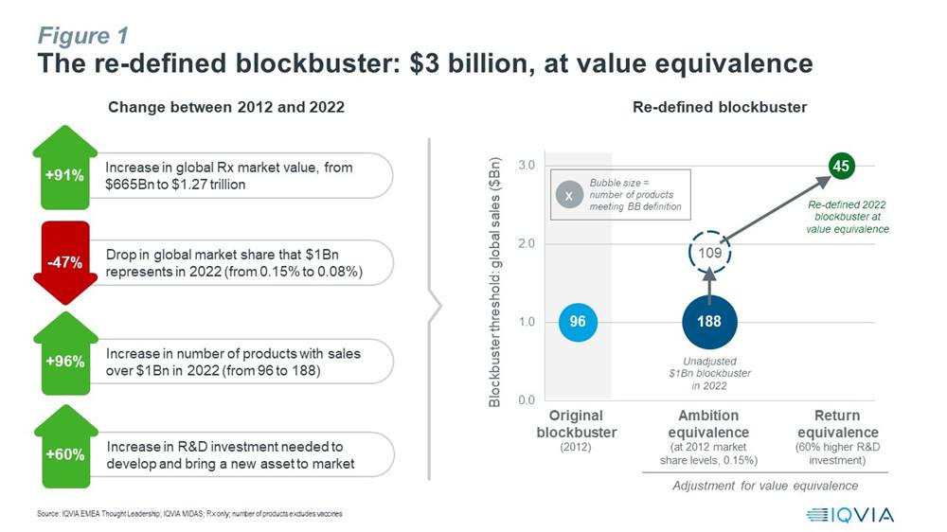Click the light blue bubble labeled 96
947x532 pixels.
pos(578,322)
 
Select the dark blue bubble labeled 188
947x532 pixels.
pos(709,322)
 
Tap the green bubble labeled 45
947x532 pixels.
pos(841,166)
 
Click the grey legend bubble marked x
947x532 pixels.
pos(569,195)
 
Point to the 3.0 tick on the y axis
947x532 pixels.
pos(527,166)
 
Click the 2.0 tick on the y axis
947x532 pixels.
pos(527,243)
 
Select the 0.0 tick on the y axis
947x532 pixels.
pos(527,399)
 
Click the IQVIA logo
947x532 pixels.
pos(849,515)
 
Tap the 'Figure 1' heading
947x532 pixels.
pos(83,36)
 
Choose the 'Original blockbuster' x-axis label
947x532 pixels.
pos(577,424)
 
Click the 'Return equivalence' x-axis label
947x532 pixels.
pos(838,424)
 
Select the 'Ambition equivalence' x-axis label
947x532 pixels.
pos(708,424)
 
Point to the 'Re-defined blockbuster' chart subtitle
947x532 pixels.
pos(720,108)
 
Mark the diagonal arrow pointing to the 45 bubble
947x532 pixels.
pos(777,209)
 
